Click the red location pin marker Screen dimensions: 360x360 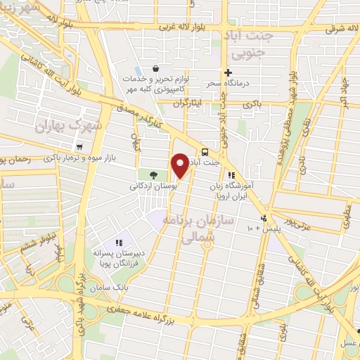coord(180,166)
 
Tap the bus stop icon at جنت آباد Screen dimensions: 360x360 coord(205,152)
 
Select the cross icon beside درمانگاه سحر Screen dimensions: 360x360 coord(227,72)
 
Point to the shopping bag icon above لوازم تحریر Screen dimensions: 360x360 coord(156,69)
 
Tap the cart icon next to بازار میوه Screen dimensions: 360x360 coord(80,147)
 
